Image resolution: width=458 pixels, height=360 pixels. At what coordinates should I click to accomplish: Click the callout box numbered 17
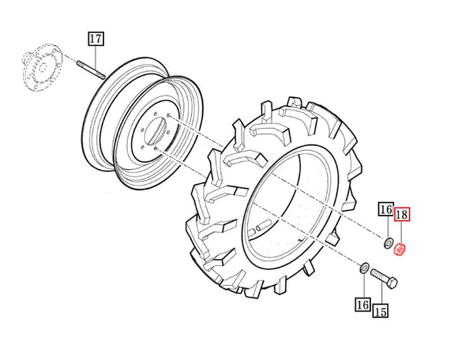click(x=96, y=39)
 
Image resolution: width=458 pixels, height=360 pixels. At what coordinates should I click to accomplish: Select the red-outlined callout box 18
click(x=402, y=215)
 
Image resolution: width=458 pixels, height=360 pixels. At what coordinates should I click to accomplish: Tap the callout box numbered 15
click(x=381, y=310)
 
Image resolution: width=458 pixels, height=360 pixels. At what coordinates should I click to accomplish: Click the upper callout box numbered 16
click(x=386, y=209)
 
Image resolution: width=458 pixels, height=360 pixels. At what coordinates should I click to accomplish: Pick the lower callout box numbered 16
click(x=363, y=305)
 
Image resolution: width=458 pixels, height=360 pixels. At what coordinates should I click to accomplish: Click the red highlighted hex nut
click(x=400, y=249)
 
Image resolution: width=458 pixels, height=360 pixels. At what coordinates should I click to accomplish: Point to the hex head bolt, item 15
click(x=384, y=279)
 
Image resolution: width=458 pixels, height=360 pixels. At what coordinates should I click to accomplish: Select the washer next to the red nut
click(x=389, y=243)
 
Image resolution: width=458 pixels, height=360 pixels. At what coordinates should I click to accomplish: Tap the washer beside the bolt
click(x=364, y=268)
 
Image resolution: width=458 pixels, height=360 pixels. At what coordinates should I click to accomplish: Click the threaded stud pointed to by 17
click(x=91, y=69)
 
